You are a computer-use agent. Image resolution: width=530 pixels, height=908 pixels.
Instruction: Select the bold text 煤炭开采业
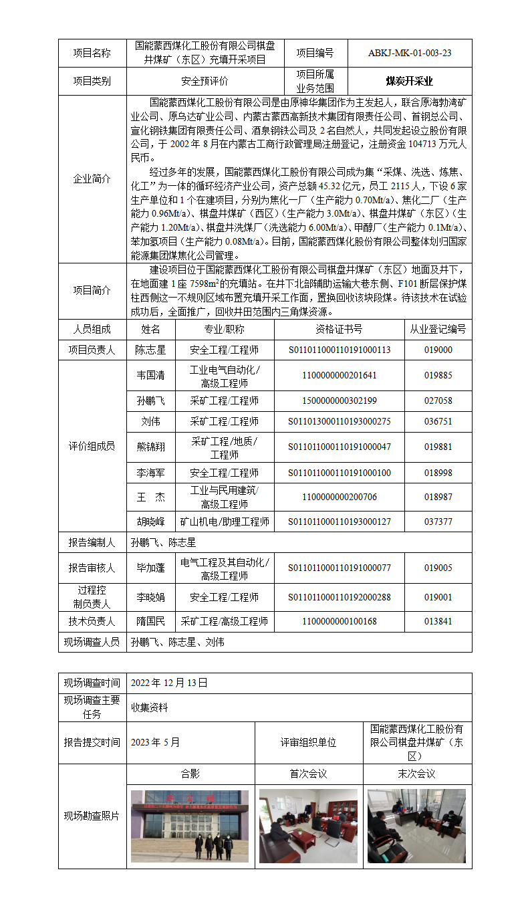409,82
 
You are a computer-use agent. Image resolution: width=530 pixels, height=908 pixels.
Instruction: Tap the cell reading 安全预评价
205,82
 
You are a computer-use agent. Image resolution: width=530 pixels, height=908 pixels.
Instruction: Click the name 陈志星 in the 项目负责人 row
150,350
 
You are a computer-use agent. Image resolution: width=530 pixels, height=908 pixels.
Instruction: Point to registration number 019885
438,375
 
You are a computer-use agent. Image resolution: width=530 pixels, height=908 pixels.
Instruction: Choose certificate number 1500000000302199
340,401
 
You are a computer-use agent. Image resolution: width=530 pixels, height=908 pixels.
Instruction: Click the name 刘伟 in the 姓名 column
150,422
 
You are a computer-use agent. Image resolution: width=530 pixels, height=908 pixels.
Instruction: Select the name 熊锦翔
150,447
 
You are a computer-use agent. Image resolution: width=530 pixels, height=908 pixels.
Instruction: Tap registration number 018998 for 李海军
438,473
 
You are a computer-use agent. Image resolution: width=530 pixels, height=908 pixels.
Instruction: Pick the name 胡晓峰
150,522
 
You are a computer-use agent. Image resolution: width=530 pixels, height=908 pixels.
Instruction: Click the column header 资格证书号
340,329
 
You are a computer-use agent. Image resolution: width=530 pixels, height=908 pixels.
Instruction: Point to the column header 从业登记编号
438,329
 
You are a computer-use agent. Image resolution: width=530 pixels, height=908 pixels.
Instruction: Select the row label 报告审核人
92,568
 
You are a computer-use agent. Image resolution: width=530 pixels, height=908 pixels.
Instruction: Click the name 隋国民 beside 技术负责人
150,621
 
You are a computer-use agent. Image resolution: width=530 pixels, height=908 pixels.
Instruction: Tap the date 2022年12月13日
169,683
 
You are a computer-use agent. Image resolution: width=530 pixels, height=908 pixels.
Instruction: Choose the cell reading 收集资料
150,707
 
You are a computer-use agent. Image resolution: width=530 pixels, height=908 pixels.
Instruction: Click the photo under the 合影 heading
190,826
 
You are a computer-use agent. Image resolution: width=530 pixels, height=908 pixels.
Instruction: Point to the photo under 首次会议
308,826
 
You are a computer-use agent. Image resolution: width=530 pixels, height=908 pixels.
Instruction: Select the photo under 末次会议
416,826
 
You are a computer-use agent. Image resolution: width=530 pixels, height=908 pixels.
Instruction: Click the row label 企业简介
92,179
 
